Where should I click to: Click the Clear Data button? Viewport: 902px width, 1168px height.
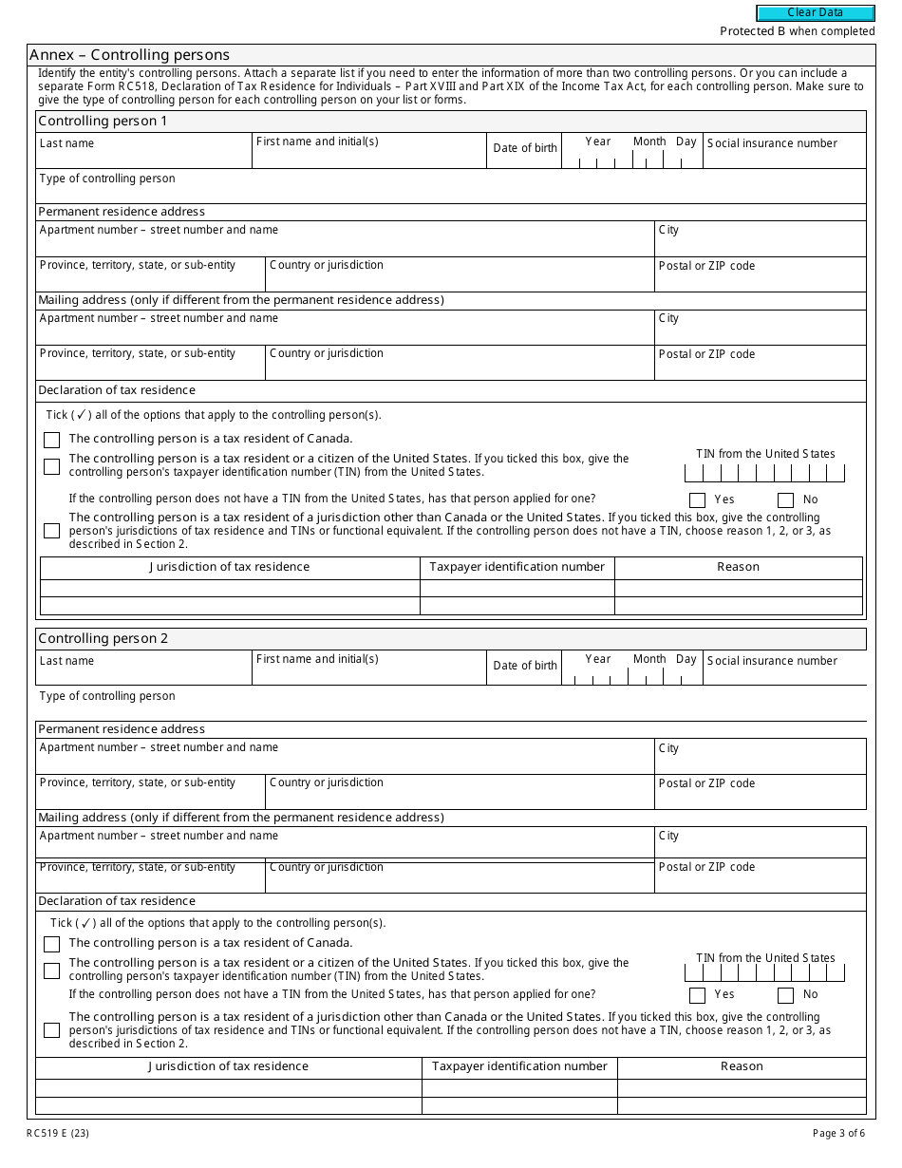pyautogui.click(x=815, y=12)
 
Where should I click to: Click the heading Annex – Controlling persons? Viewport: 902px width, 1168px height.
pyautogui.click(x=129, y=55)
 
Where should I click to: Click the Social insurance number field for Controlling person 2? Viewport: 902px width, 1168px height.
pyautogui.click(x=784, y=673)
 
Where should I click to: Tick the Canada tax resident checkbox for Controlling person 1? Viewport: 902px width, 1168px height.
pyautogui.click(x=51, y=440)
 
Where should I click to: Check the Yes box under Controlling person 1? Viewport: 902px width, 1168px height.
pyautogui.click(x=698, y=500)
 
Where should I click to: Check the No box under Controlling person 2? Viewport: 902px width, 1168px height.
pyautogui.click(x=785, y=995)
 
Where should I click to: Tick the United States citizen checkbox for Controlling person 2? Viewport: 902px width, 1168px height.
pyautogui.click(x=51, y=970)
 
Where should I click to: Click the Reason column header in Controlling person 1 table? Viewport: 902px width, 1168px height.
pyautogui.click(x=738, y=567)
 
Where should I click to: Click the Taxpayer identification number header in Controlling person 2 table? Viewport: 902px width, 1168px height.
pyautogui.click(x=519, y=1066)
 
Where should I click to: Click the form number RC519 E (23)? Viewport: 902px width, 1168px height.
pyautogui.click(x=59, y=1133)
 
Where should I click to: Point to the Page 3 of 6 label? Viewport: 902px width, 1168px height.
pyautogui.click(x=838, y=1133)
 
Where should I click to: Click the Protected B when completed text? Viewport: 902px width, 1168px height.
pyautogui.click(x=797, y=31)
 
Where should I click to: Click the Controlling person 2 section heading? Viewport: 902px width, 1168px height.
pyautogui.click(x=103, y=638)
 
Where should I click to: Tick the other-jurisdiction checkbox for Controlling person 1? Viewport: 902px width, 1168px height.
pyautogui.click(x=51, y=531)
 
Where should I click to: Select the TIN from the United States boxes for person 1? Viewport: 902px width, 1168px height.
pyautogui.click(x=764, y=473)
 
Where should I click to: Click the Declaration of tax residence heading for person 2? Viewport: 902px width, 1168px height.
pyautogui.click(x=117, y=901)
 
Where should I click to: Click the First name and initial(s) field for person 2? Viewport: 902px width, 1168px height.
pyautogui.click(x=368, y=673)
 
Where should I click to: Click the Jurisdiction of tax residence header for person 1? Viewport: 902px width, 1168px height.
pyautogui.click(x=229, y=567)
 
